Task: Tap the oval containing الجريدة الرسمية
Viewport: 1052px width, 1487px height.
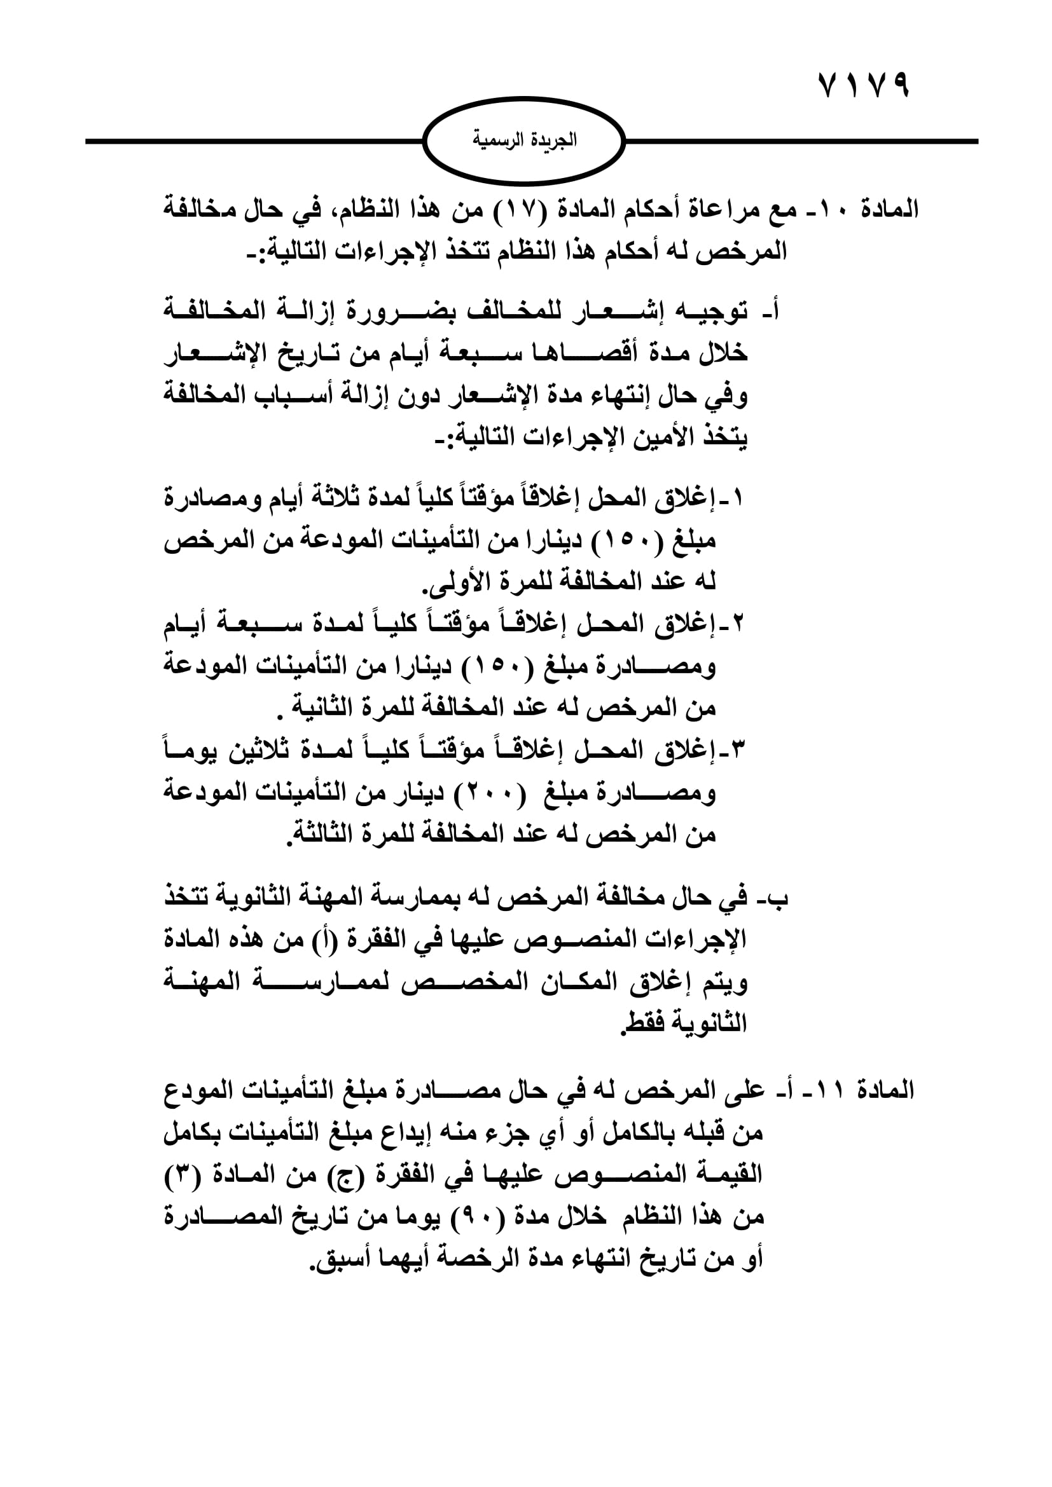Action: click(x=524, y=140)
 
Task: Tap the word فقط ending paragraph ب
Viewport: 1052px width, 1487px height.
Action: click(x=642, y=1024)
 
